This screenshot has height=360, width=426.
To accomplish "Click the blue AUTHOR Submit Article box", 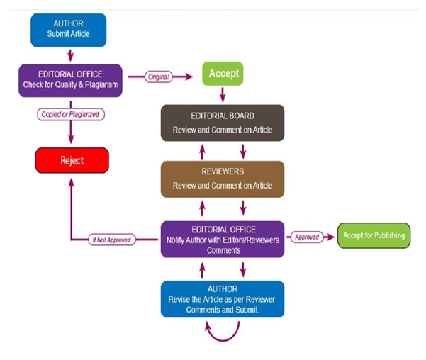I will (x=69, y=28).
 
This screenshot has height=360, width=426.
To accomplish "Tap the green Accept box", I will (x=223, y=73).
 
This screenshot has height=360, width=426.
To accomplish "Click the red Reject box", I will (x=72, y=160).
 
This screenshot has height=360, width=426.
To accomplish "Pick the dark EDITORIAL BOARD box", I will (x=222, y=123).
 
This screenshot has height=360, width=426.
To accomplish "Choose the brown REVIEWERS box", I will (x=222, y=179).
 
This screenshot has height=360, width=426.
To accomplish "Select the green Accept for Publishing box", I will (x=374, y=235).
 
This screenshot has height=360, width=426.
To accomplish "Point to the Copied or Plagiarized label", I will (x=70, y=113).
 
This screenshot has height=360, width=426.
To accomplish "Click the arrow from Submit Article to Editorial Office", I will (x=69, y=54).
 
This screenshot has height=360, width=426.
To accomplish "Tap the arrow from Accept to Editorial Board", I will (x=223, y=94).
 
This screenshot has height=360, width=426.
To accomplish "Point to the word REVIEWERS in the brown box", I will (x=222, y=172).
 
